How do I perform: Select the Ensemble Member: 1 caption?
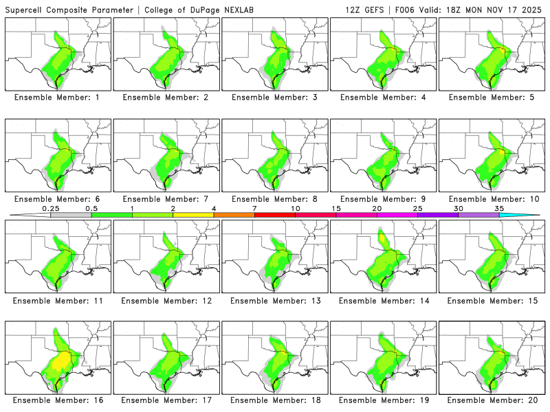coord(57,98)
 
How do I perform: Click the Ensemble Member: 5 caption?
coord(492,98)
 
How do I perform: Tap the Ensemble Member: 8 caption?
coord(274,199)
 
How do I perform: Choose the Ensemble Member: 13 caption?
coord(274,301)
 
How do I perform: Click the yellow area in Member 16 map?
coord(63,359)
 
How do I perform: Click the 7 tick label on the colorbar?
coord(254,208)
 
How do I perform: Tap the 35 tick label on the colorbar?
coord(499,208)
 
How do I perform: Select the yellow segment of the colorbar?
coord(193,215)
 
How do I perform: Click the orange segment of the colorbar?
coord(234,215)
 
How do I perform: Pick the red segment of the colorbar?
coord(274,215)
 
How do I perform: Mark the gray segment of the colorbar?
coord(71,215)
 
